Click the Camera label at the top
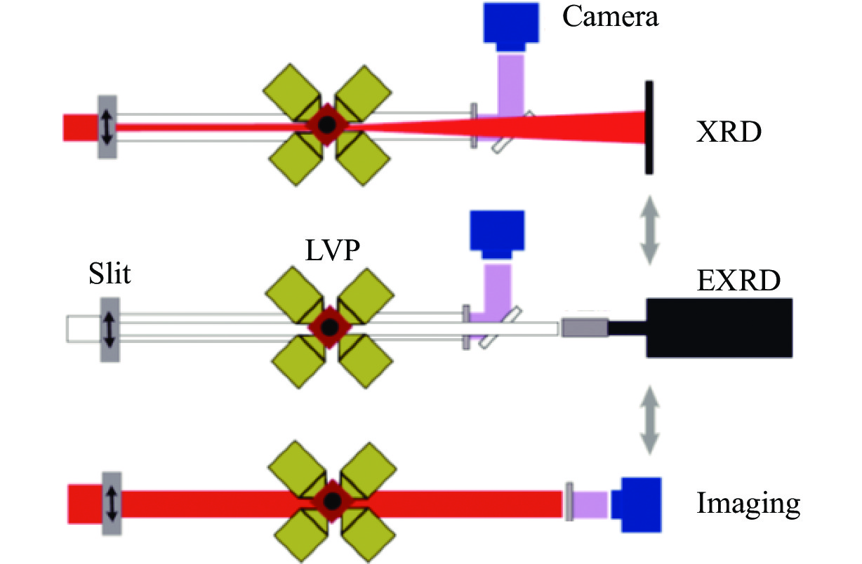point(610,15)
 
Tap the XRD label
point(728,131)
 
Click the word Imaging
point(748,503)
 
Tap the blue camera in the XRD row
point(510,25)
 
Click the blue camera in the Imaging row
point(637,504)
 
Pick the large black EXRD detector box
point(720,327)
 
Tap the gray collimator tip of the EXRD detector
point(584,327)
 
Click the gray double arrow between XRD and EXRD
point(649,229)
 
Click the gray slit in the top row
point(107,127)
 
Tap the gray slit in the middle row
point(109,328)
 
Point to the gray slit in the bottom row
point(111,504)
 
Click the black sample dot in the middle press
point(329,327)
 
